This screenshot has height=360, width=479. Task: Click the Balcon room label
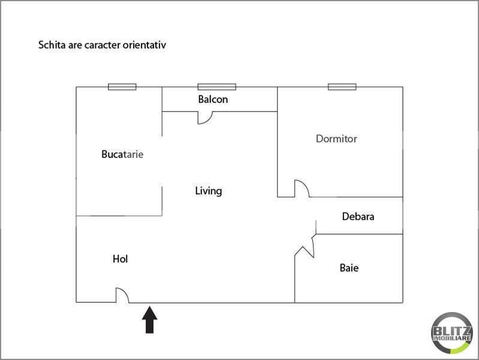[213, 99]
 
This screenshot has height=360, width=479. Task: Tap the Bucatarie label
[122, 154]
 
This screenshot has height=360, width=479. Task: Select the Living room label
[209, 191]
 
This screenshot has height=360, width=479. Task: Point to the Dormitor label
[336, 139]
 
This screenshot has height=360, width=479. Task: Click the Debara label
[358, 216]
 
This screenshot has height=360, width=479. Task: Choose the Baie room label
[349, 268]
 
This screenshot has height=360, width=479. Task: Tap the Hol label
[120, 259]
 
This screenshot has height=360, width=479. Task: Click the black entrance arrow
[150, 320]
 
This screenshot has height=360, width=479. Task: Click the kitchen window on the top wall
[122, 87]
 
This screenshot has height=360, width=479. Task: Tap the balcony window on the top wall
[217, 87]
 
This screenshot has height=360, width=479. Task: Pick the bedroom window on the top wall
[342, 87]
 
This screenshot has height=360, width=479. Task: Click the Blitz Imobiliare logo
[451, 333]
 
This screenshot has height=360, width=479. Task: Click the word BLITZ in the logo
[451, 331]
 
